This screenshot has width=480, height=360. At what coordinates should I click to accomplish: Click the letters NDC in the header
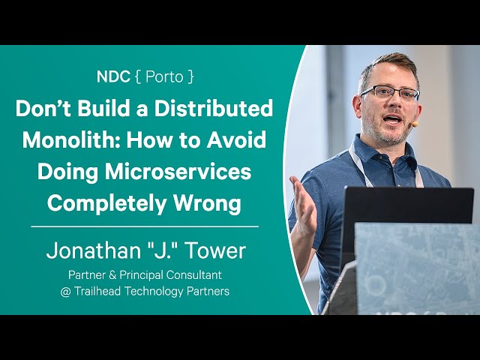click(x=113, y=76)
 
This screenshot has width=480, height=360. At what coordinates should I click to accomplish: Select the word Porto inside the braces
click(x=164, y=76)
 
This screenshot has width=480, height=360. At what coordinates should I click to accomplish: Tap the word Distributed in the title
click(x=213, y=108)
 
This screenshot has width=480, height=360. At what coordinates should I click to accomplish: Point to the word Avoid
click(x=235, y=139)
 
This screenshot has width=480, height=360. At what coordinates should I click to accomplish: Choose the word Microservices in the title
click(x=178, y=171)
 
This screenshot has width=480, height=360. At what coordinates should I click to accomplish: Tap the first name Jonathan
click(x=93, y=250)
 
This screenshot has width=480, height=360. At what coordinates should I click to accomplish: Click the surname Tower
click(x=215, y=250)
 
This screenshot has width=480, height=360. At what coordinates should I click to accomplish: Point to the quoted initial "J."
click(x=163, y=250)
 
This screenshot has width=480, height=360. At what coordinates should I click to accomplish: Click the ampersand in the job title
click(x=112, y=275)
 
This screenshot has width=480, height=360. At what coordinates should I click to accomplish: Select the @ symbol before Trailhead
click(x=65, y=292)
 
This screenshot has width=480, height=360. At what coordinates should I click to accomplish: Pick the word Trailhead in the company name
click(x=97, y=291)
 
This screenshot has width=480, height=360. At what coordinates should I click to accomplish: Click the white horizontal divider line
click(x=145, y=226)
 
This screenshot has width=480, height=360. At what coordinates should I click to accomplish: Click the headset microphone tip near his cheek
click(x=415, y=124)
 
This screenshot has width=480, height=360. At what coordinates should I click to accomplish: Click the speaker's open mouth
click(x=392, y=118)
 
